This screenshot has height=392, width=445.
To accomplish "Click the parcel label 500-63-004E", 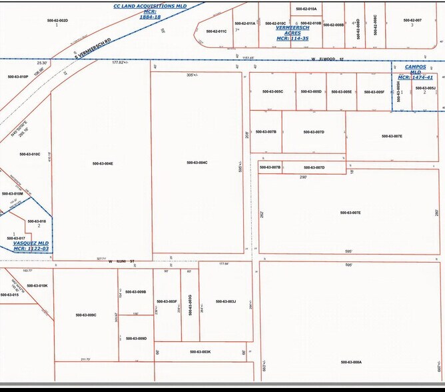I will tap(103, 163).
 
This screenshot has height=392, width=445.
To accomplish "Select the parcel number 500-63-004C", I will tap(197, 163).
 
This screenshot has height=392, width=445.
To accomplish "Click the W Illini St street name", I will tap(122, 261).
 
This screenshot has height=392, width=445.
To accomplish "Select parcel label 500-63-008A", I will tap(350, 362).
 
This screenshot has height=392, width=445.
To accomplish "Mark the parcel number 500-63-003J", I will tap(226, 301).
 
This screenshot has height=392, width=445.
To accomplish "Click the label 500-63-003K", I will tap(200, 351).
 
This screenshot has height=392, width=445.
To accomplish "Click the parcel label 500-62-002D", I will tap(57, 21).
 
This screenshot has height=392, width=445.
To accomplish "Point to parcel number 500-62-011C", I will tap(217, 31).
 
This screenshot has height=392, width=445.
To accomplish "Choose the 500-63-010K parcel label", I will tap(37, 285).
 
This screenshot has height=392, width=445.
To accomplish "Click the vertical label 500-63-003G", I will tap(190, 303).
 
